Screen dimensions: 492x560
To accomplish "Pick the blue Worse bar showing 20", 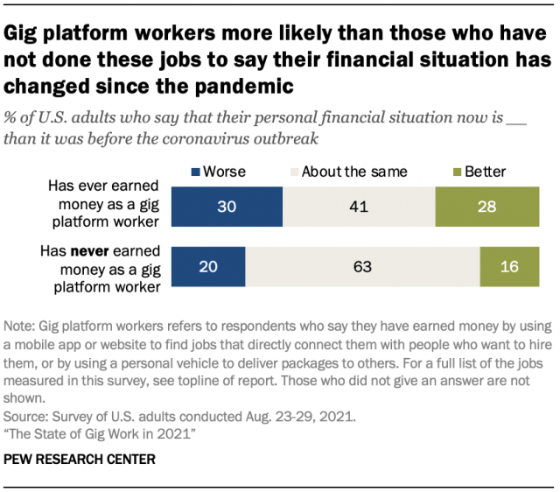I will coord(208,267).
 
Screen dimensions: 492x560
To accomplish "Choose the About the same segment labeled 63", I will coord(362,267).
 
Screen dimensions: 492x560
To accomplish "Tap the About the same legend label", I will coord(354,172).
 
